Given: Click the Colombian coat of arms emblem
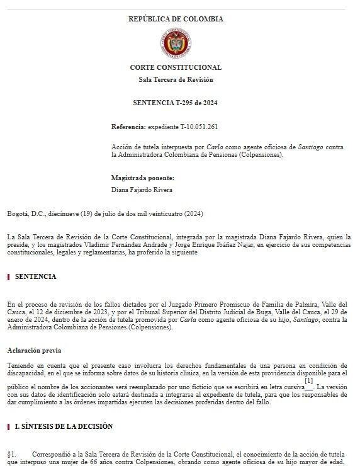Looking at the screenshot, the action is point(176,43).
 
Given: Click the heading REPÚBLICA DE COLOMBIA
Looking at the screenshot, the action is point(176,19).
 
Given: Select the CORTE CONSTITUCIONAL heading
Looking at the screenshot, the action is point(176,67).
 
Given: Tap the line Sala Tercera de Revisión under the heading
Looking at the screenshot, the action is point(176,79).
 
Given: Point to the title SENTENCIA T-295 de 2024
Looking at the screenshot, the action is point(176,103).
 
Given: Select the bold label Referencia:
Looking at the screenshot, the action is point(128,127).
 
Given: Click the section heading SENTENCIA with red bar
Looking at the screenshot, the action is point(36,276).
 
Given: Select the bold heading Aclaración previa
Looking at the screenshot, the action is point(34,349).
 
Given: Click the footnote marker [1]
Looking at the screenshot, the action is point(308,380).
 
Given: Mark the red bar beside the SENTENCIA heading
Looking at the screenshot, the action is point(8,276).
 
